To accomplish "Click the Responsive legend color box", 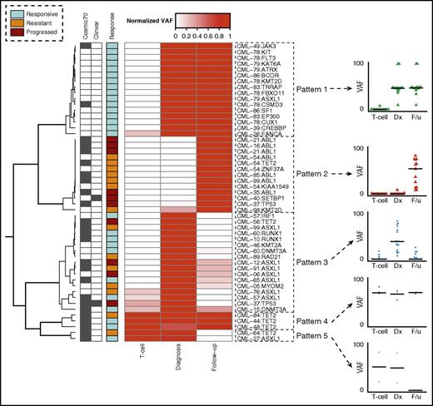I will [x=11, y=15].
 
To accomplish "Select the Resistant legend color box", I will [x=11, y=25].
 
